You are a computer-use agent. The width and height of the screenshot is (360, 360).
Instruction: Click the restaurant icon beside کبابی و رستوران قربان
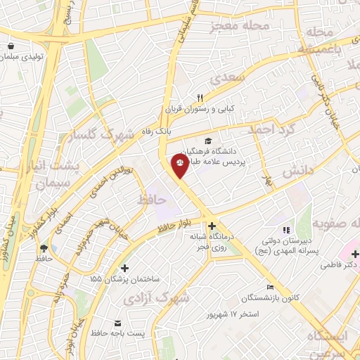pos(200,98)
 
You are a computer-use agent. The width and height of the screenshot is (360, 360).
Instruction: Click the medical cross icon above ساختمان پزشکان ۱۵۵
pos(125,268)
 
